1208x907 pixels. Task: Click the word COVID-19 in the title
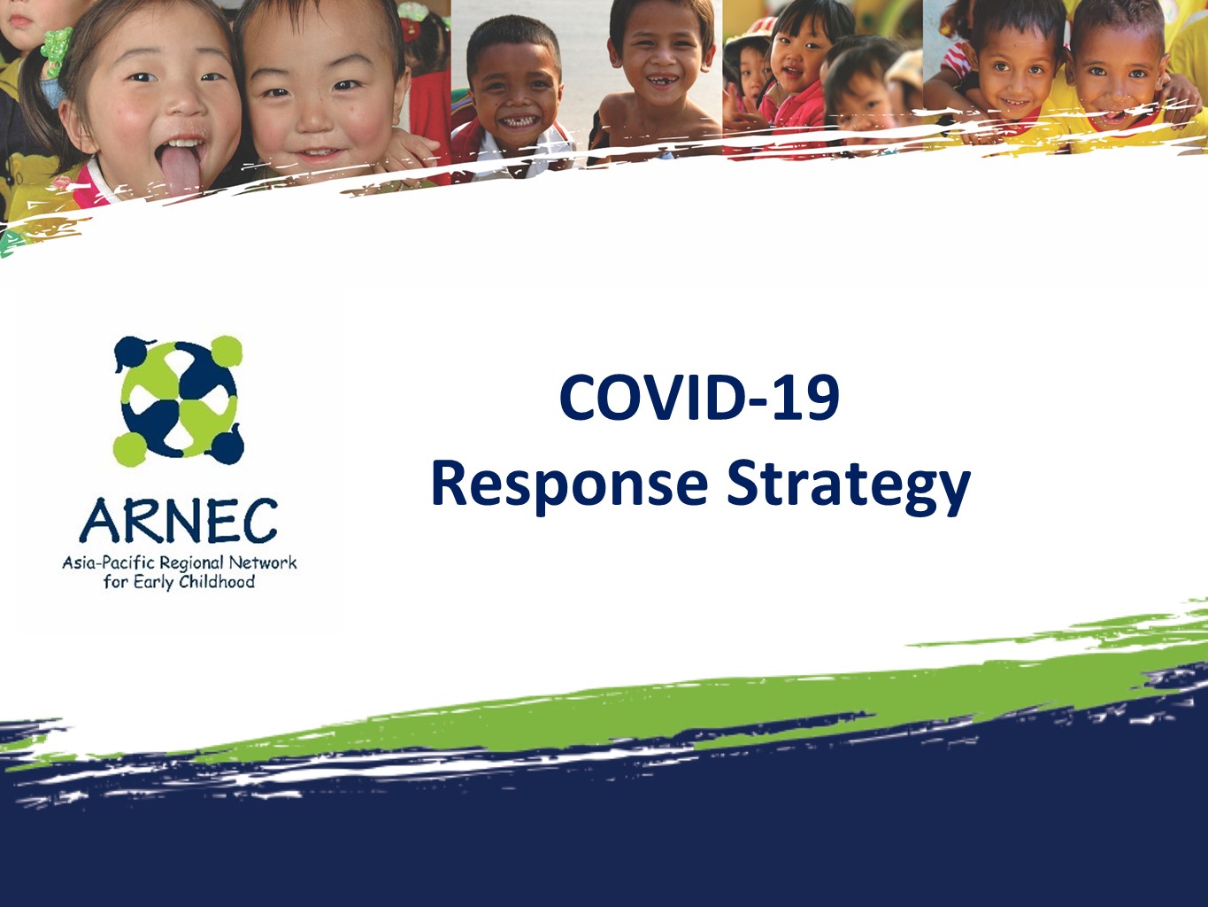click(699, 398)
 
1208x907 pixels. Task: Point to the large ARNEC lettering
click(179, 522)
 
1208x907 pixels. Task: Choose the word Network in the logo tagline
click(263, 562)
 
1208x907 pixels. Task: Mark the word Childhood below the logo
click(217, 583)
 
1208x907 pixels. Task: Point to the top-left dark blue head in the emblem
click(132, 349)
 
